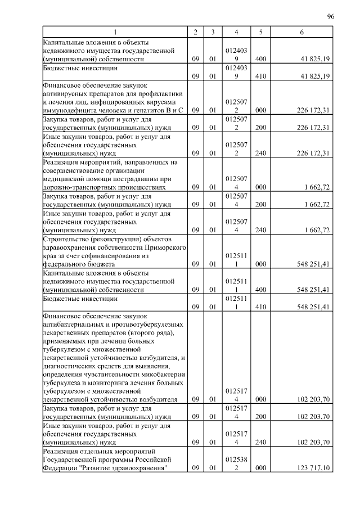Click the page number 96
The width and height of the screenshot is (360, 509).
click(x=331, y=16)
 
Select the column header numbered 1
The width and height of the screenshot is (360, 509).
click(x=115, y=33)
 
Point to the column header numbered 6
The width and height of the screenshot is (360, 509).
click(x=301, y=33)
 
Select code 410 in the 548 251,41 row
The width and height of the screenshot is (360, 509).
click(x=260, y=306)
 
